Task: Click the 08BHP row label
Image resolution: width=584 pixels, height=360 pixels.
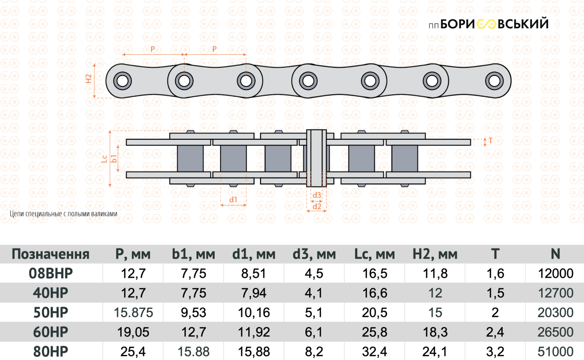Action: coord(51,274)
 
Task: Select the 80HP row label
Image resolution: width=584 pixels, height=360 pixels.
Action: coord(51,351)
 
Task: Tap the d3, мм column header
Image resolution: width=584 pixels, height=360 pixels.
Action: coord(314,254)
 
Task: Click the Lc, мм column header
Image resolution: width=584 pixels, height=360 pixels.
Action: coord(374,254)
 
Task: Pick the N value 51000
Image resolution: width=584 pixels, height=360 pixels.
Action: coord(555,351)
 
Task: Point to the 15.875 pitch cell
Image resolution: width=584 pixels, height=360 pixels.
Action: coord(133,313)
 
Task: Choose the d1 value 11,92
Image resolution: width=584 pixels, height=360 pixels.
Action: coord(254,332)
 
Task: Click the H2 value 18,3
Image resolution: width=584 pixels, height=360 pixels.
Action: coord(435,332)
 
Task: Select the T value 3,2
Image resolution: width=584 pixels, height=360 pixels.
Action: coord(495,351)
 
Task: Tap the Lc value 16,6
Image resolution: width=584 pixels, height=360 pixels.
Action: coord(374,293)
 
